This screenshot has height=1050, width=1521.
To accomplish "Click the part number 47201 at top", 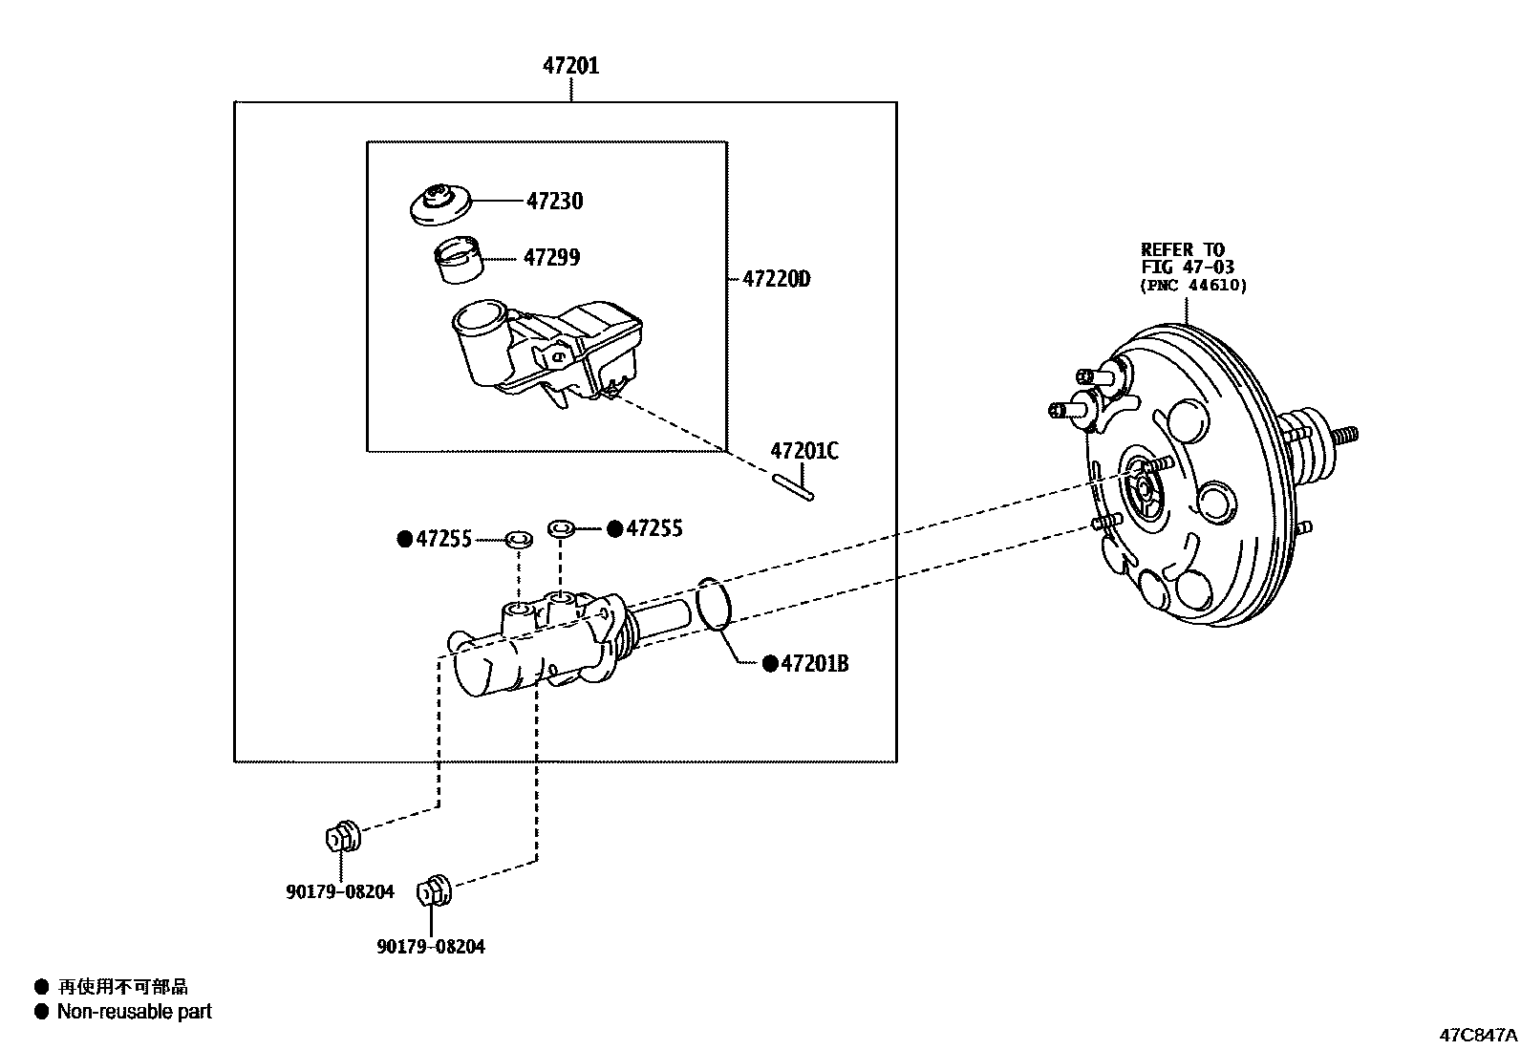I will (x=571, y=66).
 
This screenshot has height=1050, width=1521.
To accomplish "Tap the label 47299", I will (x=551, y=257).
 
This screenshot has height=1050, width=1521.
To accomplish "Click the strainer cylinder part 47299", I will (x=458, y=261).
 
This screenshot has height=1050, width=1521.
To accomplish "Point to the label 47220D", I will (x=776, y=279).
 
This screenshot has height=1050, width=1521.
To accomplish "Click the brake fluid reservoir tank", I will (x=545, y=349).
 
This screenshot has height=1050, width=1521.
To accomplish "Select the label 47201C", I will (x=804, y=451).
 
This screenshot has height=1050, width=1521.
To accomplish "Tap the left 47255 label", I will (x=442, y=540).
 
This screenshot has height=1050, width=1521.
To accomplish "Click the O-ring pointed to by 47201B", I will (x=716, y=604).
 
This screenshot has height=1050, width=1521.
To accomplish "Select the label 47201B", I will (x=814, y=663).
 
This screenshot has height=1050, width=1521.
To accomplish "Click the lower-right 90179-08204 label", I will (x=430, y=947).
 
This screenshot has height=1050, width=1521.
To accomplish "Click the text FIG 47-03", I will (x=1188, y=268).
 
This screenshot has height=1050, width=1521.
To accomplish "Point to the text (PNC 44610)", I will (x=1193, y=285).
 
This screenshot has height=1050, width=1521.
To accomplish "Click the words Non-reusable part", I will (x=135, y=1011).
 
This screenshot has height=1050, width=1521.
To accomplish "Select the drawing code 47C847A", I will (x=1478, y=1034).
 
